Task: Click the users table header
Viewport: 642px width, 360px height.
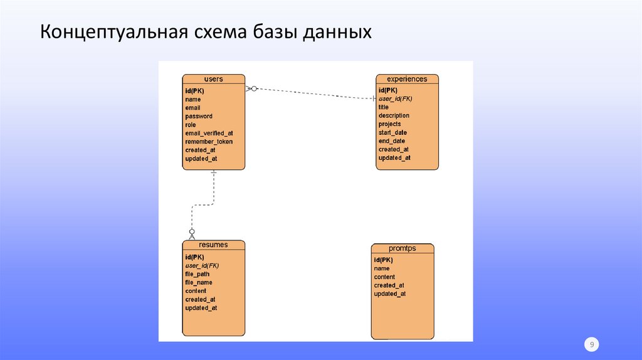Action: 213,79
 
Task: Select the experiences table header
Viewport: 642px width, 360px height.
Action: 407,79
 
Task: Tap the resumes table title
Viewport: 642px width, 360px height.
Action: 213,245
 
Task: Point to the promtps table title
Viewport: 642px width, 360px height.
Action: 402,248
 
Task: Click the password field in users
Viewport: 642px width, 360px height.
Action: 199,116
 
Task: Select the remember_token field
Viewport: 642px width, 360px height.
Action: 209,142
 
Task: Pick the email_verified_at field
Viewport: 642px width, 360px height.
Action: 209,133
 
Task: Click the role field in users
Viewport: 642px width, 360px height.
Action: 191,125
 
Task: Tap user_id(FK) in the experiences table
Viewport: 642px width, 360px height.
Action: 396,98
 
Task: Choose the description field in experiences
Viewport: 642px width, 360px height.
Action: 394,115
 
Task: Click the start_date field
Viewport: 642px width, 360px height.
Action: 392,132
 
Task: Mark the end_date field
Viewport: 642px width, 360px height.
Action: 392,141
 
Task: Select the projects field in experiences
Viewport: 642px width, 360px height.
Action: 389,124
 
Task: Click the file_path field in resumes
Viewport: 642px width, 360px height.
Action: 197,274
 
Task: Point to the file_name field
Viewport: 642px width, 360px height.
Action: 199,282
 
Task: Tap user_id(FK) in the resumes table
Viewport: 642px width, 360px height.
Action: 202,265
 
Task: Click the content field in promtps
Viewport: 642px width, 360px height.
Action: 384,277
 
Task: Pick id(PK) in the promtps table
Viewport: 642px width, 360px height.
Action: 383,260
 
